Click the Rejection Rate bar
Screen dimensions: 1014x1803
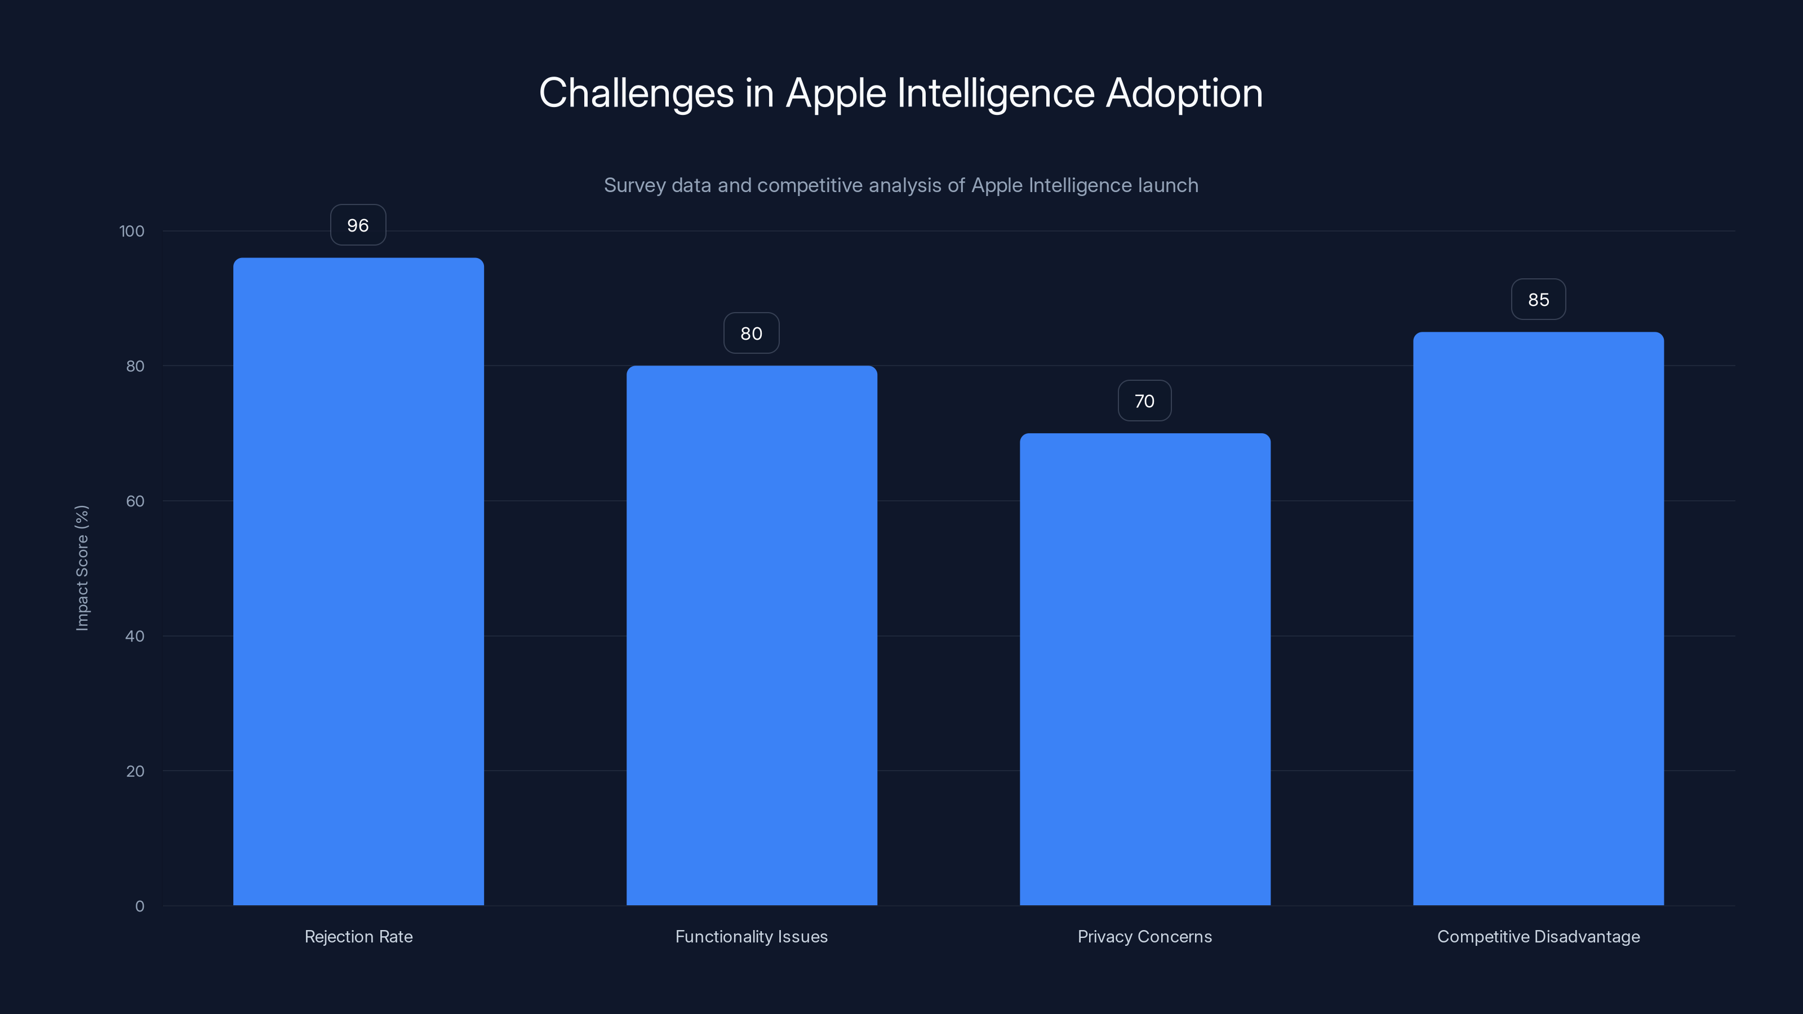(358, 581)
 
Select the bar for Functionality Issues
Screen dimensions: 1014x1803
(752, 635)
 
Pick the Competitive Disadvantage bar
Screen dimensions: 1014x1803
(1538, 618)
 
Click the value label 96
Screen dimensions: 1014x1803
(358, 225)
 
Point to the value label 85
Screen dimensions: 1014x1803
(1538, 300)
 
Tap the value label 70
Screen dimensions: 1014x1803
(1144, 401)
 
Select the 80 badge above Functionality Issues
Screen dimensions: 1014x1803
(751, 333)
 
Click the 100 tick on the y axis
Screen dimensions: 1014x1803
(132, 231)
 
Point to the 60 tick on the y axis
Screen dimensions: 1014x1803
(135, 501)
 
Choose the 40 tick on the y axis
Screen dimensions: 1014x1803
(135, 636)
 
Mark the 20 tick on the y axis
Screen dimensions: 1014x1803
(135, 771)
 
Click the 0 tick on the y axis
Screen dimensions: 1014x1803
(139, 906)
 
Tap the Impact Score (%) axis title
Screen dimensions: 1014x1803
(82, 567)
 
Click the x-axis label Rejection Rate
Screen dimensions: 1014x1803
(358, 936)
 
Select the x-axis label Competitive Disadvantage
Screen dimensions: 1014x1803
(1538, 936)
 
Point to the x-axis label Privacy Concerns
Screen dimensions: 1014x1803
(1144, 936)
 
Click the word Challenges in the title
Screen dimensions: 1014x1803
(636, 93)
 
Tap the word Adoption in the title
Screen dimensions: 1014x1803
(1184, 93)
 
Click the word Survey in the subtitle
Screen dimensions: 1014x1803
(634, 185)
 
